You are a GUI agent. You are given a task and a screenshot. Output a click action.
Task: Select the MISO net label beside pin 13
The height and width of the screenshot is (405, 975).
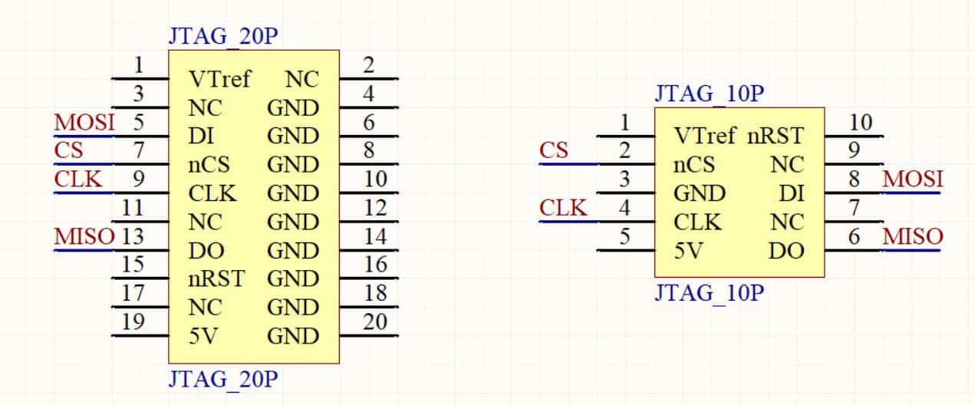click(x=84, y=237)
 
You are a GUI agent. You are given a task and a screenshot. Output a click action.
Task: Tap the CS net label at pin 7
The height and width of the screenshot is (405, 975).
click(x=68, y=150)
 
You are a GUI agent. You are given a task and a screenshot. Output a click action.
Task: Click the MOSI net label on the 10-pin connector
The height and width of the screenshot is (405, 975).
click(x=913, y=179)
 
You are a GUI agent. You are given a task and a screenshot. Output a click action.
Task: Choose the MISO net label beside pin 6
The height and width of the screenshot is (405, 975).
click(x=913, y=237)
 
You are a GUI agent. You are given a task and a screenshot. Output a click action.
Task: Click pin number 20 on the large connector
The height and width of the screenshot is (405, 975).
click(x=375, y=321)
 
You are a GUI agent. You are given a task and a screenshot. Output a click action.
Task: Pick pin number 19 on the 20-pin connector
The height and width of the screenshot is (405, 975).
click(x=133, y=321)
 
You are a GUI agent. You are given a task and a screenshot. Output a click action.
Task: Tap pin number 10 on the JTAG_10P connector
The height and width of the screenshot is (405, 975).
click(x=861, y=123)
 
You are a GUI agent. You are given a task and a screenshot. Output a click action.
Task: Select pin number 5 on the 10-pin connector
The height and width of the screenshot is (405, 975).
click(x=625, y=237)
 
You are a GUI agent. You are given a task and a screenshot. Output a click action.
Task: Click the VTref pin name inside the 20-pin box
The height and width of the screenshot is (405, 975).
click(x=219, y=80)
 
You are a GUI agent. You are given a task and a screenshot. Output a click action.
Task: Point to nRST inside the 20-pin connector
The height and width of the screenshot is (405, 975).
click(x=216, y=279)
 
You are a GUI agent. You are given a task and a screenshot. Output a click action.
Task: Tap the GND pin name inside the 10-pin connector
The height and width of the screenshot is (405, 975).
click(x=699, y=193)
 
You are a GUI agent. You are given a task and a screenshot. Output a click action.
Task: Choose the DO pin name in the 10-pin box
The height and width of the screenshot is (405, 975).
click(x=786, y=251)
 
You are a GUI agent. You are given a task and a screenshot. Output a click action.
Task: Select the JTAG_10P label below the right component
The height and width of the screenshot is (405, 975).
click(x=710, y=294)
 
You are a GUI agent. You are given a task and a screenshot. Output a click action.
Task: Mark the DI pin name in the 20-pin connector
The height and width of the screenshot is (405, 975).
click(x=200, y=137)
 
